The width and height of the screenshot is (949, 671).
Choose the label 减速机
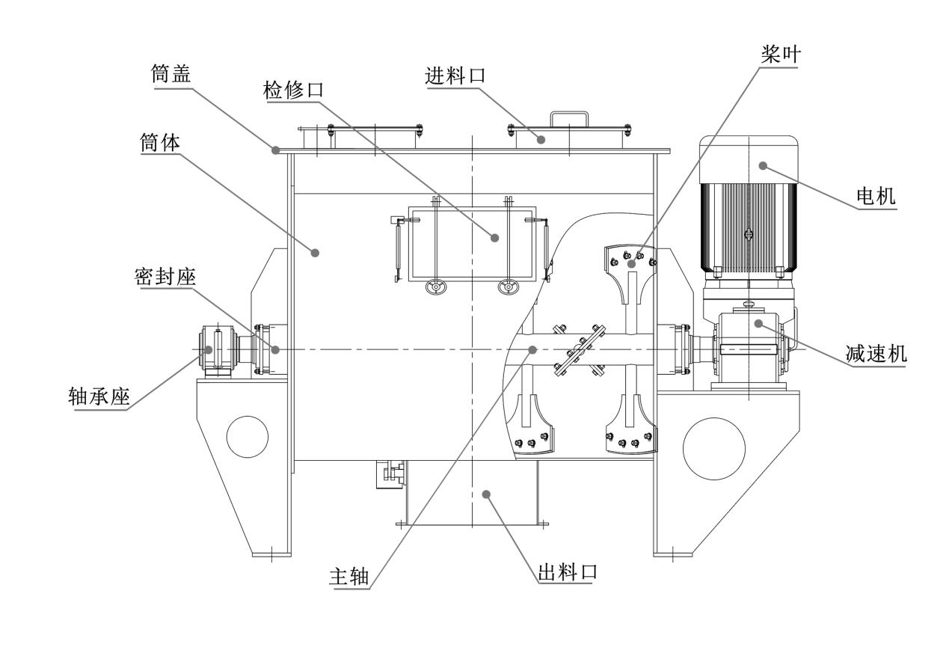[x=876, y=354]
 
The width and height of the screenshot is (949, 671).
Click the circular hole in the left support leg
[x=247, y=436]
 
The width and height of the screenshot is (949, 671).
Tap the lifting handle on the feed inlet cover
[x=570, y=119]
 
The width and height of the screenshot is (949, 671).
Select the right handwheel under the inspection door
[x=509, y=287]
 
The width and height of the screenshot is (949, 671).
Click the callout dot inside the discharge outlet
[x=486, y=493]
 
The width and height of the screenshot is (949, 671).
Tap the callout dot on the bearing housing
[x=209, y=349]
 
